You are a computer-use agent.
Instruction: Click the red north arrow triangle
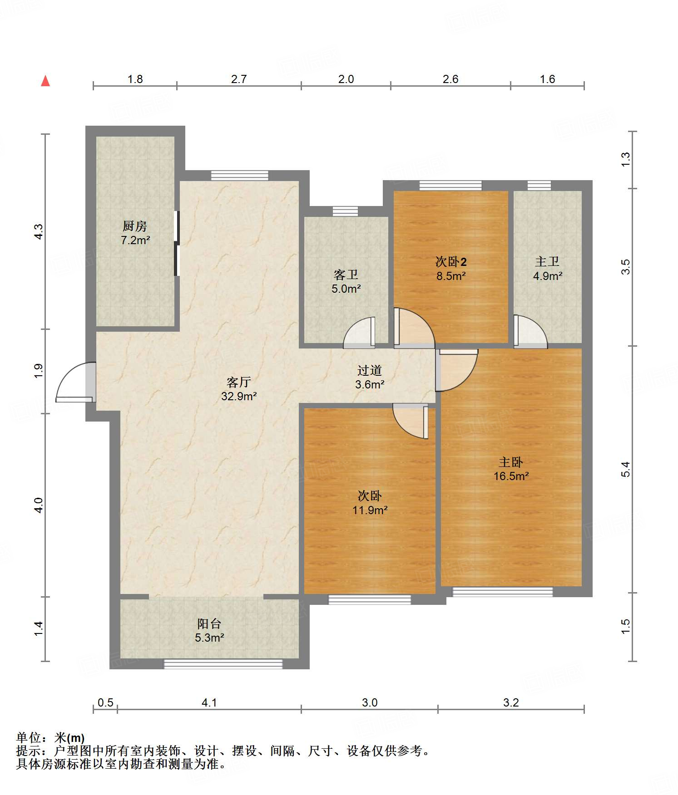tap(45, 81)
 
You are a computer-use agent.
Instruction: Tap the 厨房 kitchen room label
tap(135, 226)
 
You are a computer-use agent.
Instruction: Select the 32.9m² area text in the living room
tap(239, 396)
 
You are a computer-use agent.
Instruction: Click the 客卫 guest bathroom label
tap(346, 275)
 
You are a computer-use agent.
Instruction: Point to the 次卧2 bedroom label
tap(451, 262)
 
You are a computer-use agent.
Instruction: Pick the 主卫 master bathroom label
tap(547, 261)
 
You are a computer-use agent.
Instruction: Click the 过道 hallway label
tap(369, 370)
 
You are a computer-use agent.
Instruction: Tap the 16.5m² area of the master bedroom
tap(511, 476)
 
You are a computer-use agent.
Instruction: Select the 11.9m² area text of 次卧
tap(370, 510)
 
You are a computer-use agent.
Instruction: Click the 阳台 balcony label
tap(209, 623)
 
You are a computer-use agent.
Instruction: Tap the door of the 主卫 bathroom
tap(530, 332)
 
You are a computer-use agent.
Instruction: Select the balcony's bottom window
tap(223, 664)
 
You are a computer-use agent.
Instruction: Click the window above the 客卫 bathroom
tap(345, 211)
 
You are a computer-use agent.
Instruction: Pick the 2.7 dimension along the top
tap(239, 79)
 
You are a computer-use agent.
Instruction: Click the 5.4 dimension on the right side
tap(626, 469)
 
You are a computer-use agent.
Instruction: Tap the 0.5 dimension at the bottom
tap(105, 702)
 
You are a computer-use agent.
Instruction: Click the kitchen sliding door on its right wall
tap(177, 243)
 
